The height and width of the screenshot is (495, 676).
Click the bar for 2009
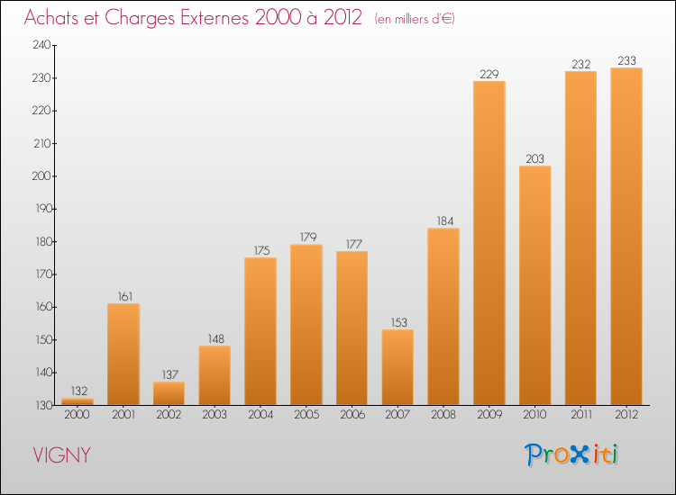(489, 243)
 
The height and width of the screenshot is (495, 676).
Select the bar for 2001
(123, 354)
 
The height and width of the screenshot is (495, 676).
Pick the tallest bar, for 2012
(626, 236)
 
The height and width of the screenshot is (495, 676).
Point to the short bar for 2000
(78, 401)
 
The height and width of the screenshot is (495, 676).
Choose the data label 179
(306, 238)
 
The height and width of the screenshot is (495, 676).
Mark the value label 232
(580, 64)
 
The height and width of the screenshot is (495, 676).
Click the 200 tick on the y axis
(41, 176)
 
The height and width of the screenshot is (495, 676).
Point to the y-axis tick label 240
(41, 45)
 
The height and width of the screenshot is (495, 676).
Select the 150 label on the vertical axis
(41, 340)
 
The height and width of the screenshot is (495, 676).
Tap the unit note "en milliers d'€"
(416, 19)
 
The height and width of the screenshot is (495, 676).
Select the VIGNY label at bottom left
(61, 455)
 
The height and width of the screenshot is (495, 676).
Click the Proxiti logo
(572, 454)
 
